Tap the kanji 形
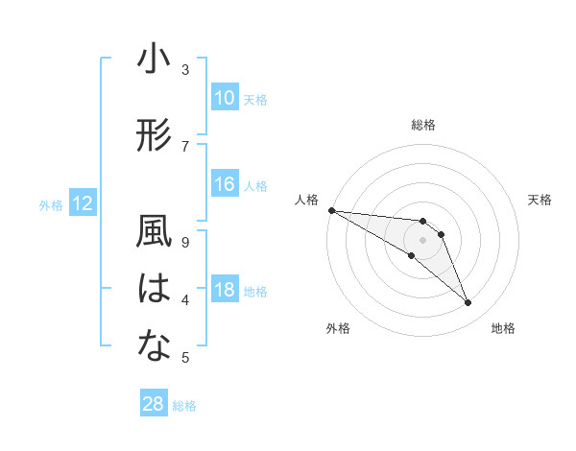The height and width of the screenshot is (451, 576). (x=154, y=136)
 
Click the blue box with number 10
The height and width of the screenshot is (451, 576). (x=225, y=98)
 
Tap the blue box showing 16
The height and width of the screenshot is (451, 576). (x=225, y=184)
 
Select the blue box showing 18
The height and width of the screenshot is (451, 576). (x=225, y=290)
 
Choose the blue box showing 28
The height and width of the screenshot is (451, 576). (x=154, y=404)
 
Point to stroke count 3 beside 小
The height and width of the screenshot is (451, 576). (x=185, y=69)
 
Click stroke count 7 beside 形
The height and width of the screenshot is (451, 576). (x=185, y=146)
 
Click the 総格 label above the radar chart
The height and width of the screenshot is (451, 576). (x=423, y=125)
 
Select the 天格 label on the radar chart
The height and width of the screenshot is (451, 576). (x=540, y=200)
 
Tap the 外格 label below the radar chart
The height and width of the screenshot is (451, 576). (x=338, y=329)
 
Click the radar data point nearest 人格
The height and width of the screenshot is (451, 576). (x=331, y=209)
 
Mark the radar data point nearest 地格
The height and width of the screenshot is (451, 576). (x=468, y=303)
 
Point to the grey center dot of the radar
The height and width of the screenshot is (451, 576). (x=423, y=240)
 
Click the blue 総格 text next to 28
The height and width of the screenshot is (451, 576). (x=184, y=406)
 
